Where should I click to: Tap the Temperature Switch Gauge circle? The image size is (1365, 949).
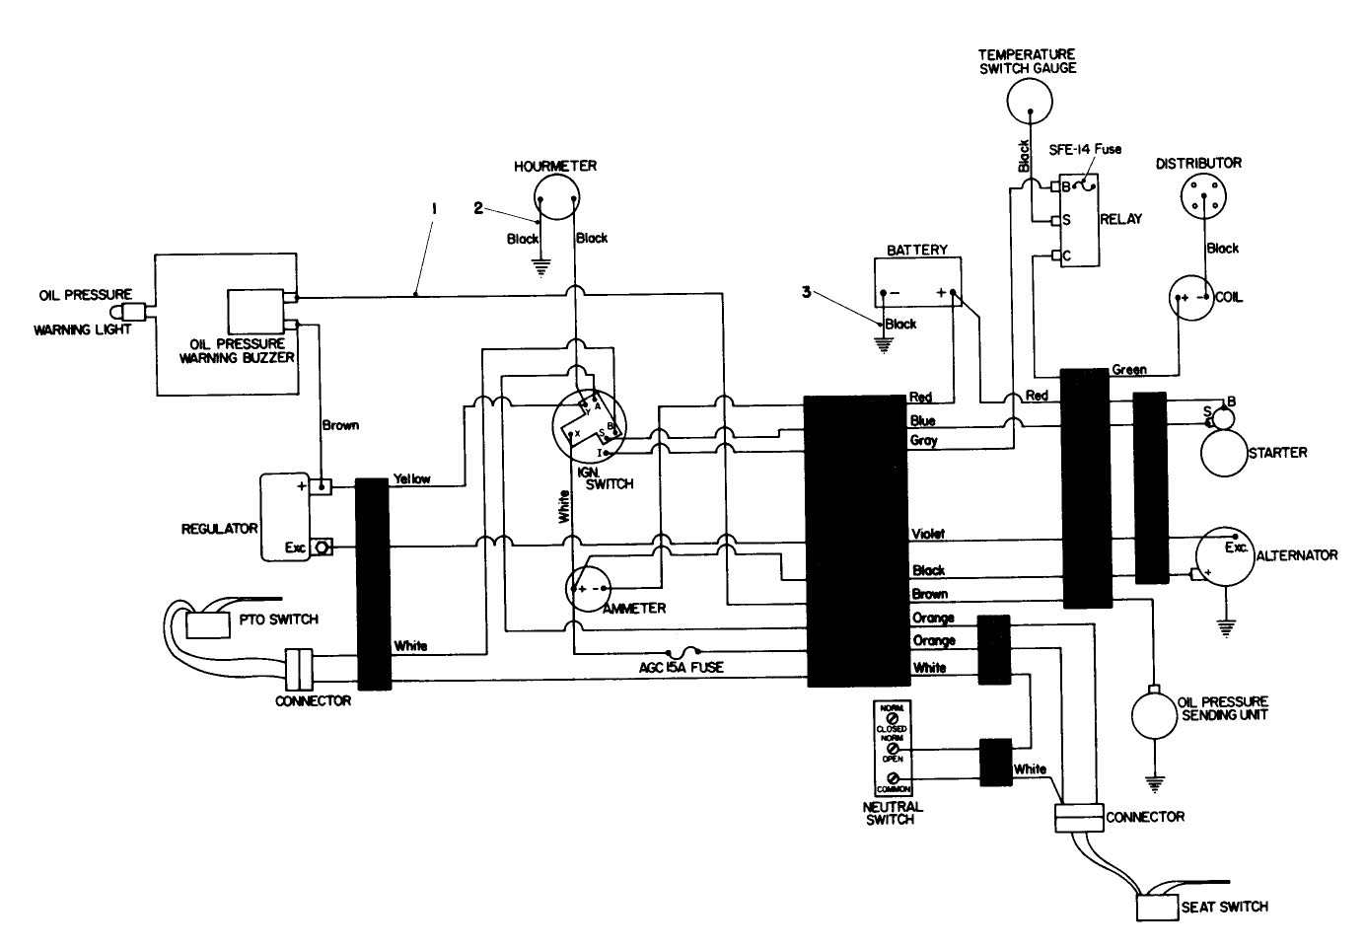pos(1029,100)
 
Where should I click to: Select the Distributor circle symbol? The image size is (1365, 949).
pos(1205,200)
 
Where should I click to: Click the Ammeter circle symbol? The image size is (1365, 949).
pos(591,588)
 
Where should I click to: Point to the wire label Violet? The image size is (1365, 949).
pos(928,534)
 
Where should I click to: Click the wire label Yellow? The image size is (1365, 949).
pos(412,478)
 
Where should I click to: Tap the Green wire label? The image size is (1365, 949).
pos(1128,370)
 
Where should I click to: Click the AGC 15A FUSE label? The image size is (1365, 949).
pos(681,668)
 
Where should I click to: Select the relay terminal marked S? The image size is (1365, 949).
pos(1055,221)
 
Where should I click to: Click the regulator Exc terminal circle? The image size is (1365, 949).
pos(322,547)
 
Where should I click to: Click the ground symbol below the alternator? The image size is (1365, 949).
pos(1226,625)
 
